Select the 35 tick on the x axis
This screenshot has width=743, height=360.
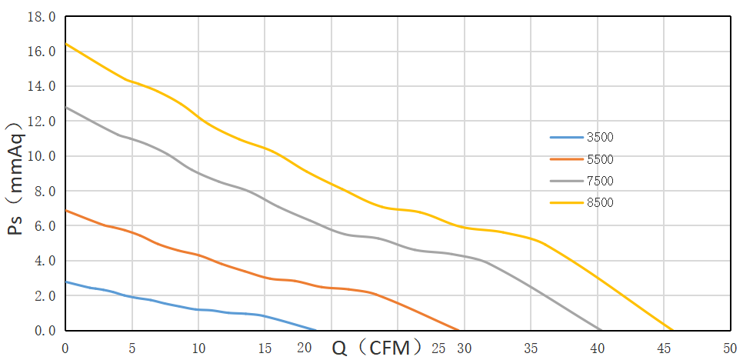[x=530, y=348]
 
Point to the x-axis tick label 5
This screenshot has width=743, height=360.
[x=132, y=348]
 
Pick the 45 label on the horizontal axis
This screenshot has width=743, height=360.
[x=663, y=348]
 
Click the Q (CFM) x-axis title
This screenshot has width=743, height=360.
[x=377, y=348]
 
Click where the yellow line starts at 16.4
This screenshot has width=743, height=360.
[x=65, y=44]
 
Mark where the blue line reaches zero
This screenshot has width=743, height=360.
[x=316, y=330]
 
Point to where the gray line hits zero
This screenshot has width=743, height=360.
[x=600, y=330]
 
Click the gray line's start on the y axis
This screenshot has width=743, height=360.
[x=65, y=107]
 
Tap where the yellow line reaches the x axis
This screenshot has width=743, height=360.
[x=673, y=330]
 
